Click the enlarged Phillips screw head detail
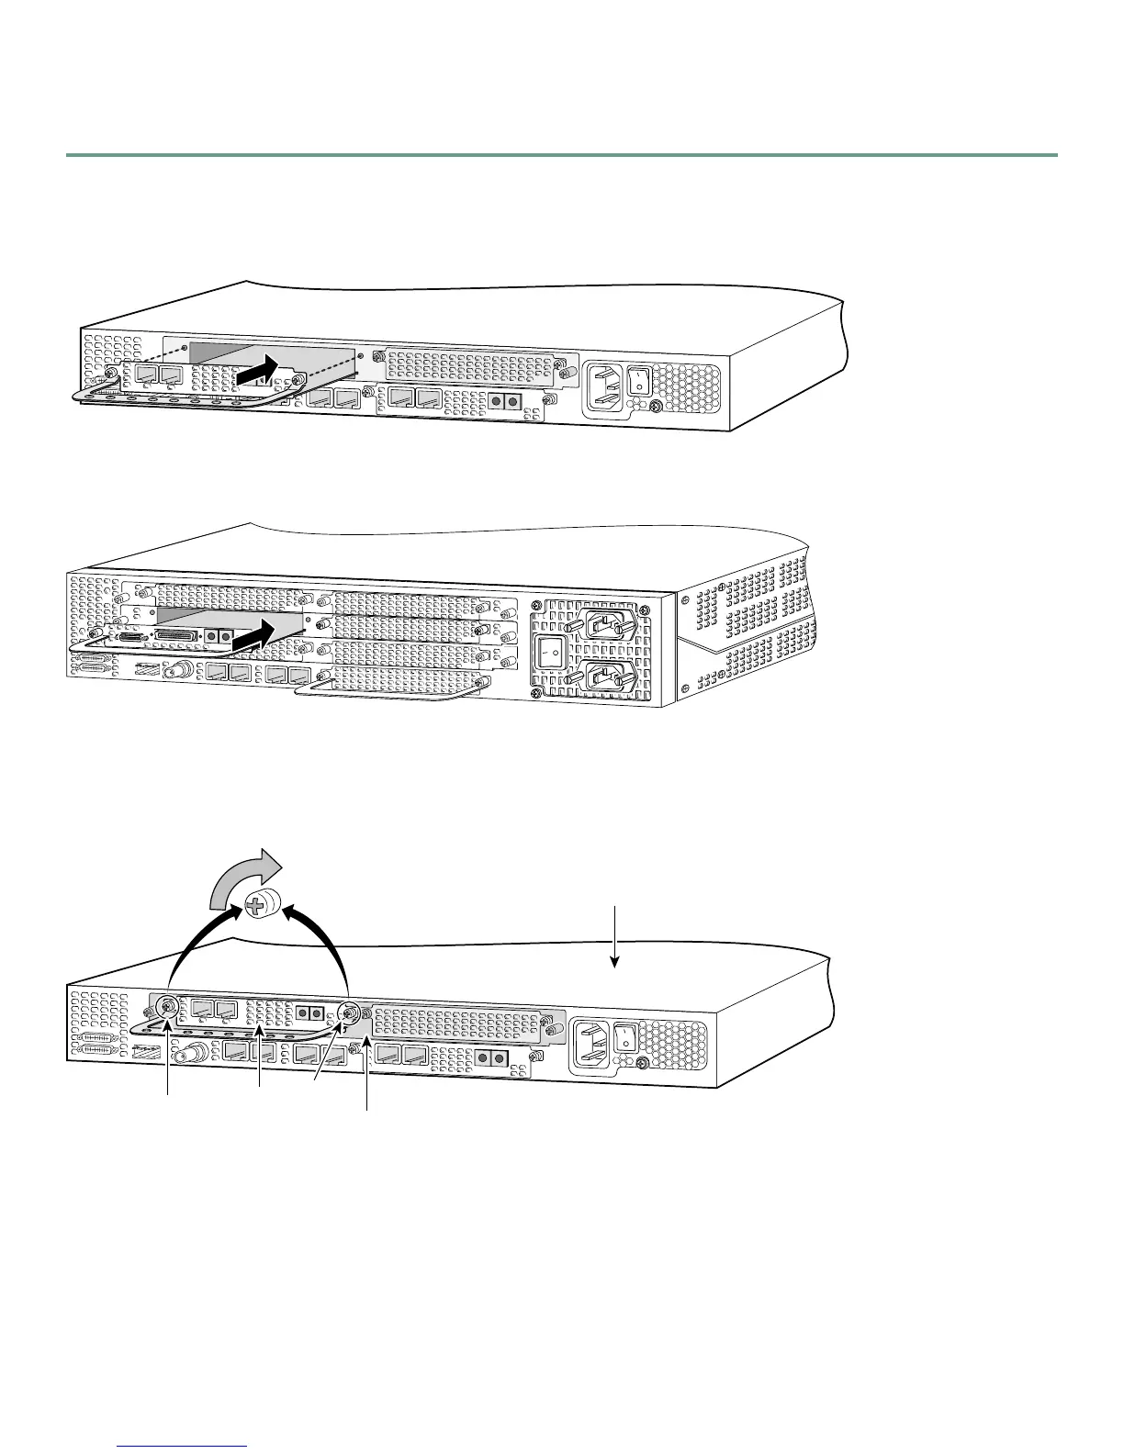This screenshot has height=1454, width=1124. [x=261, y=906]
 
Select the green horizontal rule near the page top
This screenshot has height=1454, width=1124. [x=562, y=155]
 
